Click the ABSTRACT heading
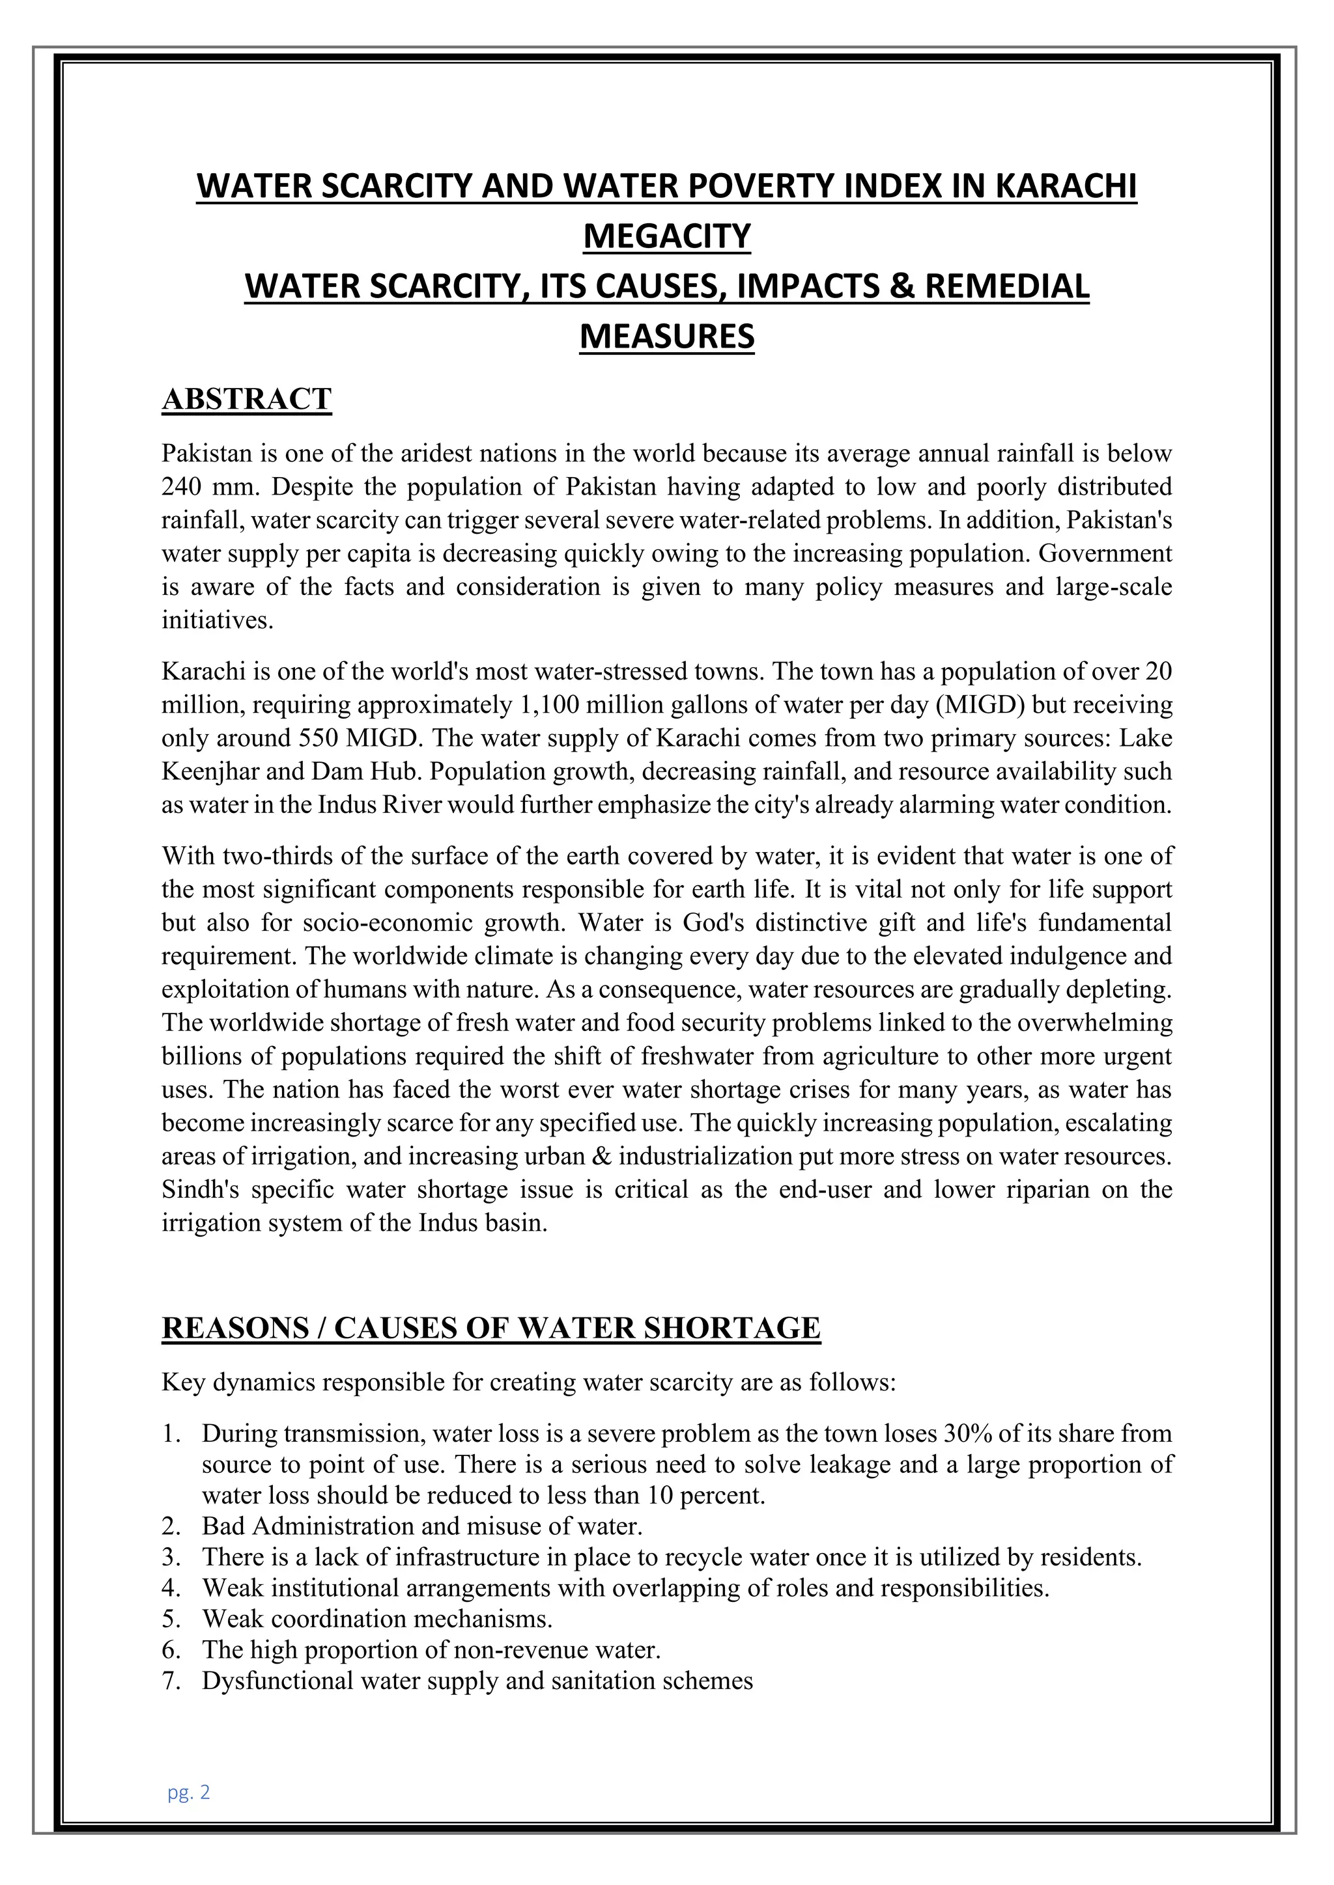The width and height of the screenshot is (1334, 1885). pos(246,399)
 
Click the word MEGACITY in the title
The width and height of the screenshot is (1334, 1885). pos(666,236)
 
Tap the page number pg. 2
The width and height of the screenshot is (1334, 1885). pos(189,1792)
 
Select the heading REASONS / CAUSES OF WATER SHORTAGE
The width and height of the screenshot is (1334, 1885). pos(490,1328)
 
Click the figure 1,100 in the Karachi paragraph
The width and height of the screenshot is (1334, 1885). pos(548,705)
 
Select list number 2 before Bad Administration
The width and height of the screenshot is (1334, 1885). pos(170,1526)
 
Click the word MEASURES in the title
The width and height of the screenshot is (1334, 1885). pos(666,337)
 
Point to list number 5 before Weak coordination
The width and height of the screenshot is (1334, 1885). pos(170,1619)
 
